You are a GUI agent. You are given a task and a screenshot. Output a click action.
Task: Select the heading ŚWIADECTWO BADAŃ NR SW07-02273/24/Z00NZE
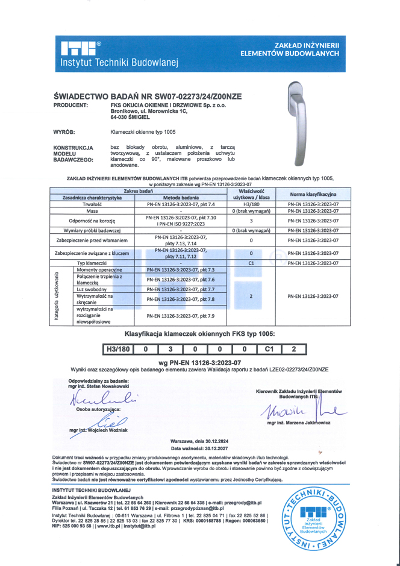click(x=148, y=96)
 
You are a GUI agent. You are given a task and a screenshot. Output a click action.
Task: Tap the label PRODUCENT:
click(x=71, y=104)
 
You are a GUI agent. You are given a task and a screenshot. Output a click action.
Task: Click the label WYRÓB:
click(x=64, y=131)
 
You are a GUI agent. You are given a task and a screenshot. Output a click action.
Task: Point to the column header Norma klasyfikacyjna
click(x=313, y=194)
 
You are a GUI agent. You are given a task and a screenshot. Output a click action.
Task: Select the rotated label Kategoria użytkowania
click(x=57, y=295)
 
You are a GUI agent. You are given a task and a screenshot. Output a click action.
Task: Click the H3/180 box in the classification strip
click(x=118, y=349)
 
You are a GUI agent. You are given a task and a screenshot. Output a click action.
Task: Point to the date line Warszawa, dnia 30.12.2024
click(x=199, y=441)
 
